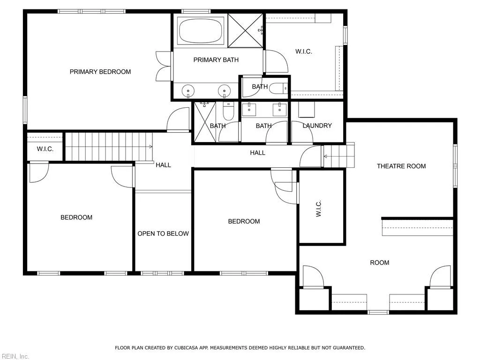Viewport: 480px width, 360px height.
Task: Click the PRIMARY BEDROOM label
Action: coord(100,72)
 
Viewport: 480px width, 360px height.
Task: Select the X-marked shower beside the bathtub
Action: coord(245,30)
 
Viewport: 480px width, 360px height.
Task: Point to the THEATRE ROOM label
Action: coord(401,166)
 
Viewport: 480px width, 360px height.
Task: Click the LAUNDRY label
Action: coord(317,126)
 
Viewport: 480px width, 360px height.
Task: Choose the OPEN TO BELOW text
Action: coord(163,233)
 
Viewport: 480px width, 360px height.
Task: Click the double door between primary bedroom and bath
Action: coord(164,66)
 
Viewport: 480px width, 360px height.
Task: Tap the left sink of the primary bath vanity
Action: coord(188,90)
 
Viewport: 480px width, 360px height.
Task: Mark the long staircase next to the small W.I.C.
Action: coord(109,147)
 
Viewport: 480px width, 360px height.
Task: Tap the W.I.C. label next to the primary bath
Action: coord(303,52)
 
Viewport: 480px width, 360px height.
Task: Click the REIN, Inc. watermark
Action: coord(15,356)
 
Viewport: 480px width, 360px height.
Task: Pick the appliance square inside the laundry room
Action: coord(307,110)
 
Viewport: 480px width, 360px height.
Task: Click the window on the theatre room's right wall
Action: coord(455,166)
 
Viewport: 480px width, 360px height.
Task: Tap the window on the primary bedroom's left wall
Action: coord(25,110)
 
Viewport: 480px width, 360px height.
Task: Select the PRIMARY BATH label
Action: coord(216,60)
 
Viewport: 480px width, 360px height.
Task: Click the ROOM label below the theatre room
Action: coord(379,262)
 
